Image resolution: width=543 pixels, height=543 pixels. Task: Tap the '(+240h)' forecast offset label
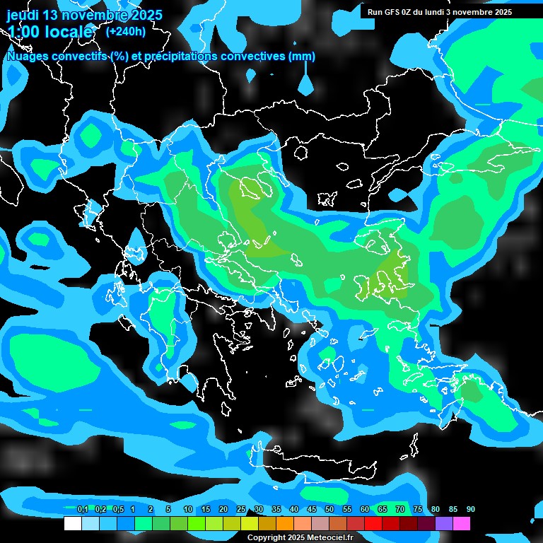tap(126, 31)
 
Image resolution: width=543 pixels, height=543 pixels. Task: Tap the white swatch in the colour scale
tap(73, 524)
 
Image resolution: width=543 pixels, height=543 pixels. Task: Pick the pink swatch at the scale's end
tap(462, 524)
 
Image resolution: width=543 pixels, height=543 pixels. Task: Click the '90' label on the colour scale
tap(471, 509)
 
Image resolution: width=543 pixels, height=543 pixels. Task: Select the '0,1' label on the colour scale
tap(82, 509)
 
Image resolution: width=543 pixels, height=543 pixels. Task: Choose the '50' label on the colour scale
tap(329, 509)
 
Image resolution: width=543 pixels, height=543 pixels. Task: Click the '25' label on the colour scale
tap(241, 509)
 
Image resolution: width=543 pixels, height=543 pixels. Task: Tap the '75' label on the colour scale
tap(418, 509)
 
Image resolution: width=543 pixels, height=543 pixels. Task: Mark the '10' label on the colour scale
tap(188, 509)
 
